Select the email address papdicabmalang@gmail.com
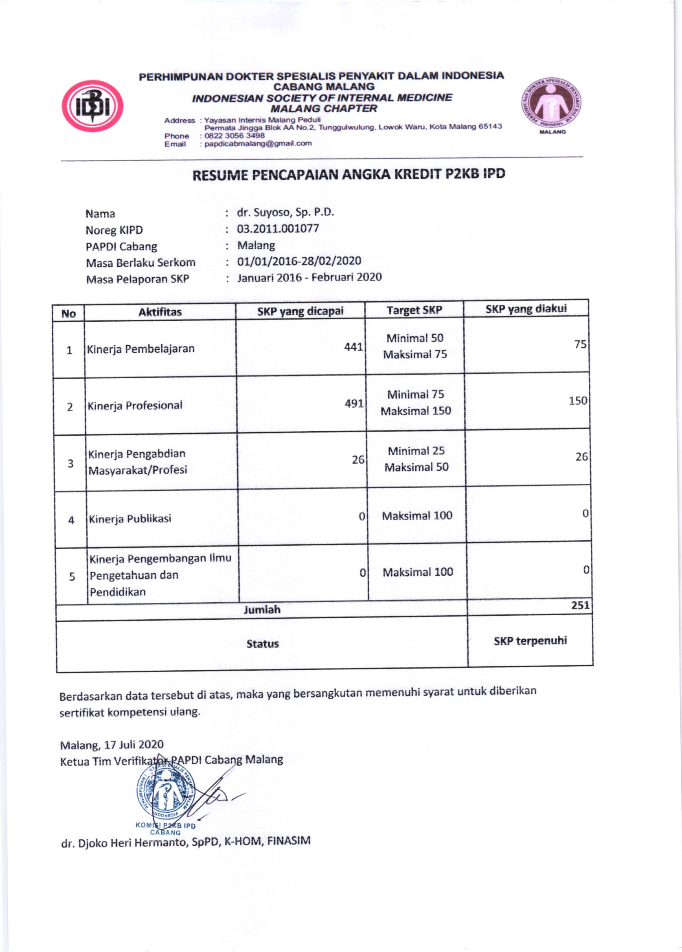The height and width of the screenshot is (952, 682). tap(258, 143)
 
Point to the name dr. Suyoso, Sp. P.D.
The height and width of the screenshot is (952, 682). tap(285, 213)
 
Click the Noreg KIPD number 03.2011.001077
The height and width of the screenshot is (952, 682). tap(278, 228)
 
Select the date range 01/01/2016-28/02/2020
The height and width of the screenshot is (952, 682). tap(299, 261)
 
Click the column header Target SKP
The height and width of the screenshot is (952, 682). tap(414, 310)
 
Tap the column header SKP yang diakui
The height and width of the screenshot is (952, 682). tap(526, 309)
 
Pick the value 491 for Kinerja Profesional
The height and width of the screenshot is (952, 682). tap(355, 404)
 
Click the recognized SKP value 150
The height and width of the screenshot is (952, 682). tap(577, 400)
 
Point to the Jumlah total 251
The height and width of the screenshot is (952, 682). tap(581, 605)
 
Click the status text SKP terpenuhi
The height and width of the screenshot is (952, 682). tap(530, 641)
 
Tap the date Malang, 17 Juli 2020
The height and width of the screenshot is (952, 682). tap(112, 744)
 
